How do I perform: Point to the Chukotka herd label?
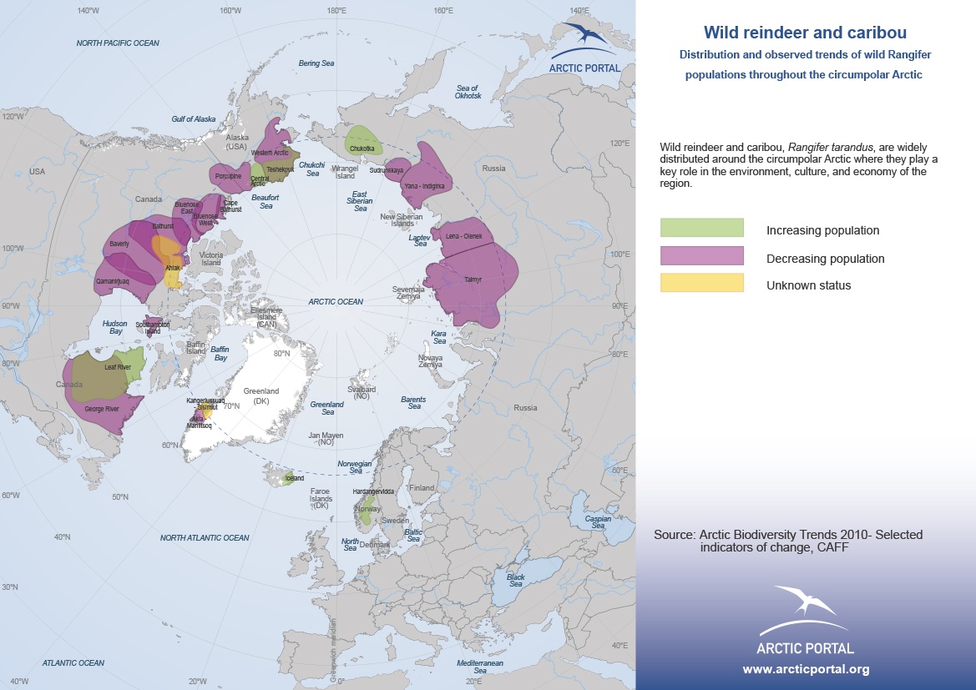(x=362, y=149)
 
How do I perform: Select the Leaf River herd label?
(x=118, y=367)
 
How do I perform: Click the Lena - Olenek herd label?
(x=464, y=236)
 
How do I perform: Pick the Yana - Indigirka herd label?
(x=425, y=186)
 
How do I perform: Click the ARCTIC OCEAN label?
(x=335, y=302)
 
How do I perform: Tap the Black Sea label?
(x=516, y=581)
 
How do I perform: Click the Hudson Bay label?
(x=114, y=328)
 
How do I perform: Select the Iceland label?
(x=294, y=479)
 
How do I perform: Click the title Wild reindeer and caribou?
(x=805, y=33)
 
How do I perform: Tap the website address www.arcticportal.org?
(x=806, y=669)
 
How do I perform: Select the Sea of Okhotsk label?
(x=468, y=92)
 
